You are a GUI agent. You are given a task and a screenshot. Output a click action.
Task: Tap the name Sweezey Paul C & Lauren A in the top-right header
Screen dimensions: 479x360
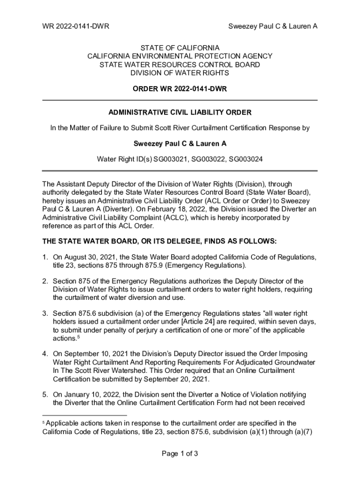coord(273,26)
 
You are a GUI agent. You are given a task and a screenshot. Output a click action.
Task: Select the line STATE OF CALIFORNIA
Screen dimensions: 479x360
coord(180,48)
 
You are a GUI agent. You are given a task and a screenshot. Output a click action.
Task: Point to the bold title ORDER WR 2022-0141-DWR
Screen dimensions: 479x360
coord(180,89)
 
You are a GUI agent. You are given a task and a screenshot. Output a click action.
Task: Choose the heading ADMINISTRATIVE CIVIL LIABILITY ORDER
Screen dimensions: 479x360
coord(180,113)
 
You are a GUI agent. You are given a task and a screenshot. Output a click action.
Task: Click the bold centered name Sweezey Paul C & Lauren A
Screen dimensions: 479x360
coord(180,144)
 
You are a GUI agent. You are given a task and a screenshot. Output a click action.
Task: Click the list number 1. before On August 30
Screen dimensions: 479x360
coord(45,257)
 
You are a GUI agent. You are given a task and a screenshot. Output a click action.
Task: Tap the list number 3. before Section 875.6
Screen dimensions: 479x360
coord(45,313)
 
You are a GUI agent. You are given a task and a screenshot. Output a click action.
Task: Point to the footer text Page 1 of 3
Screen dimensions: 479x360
coord(180,453)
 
